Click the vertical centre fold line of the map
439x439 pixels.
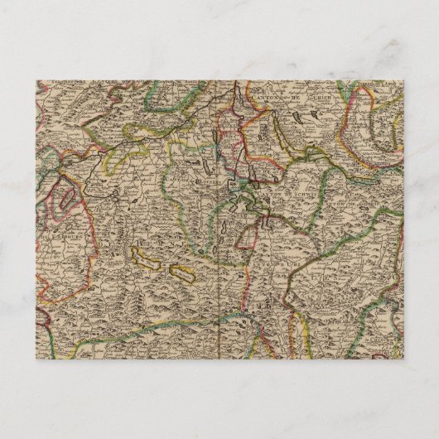(219, 248)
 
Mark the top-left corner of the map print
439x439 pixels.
(37, 80)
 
